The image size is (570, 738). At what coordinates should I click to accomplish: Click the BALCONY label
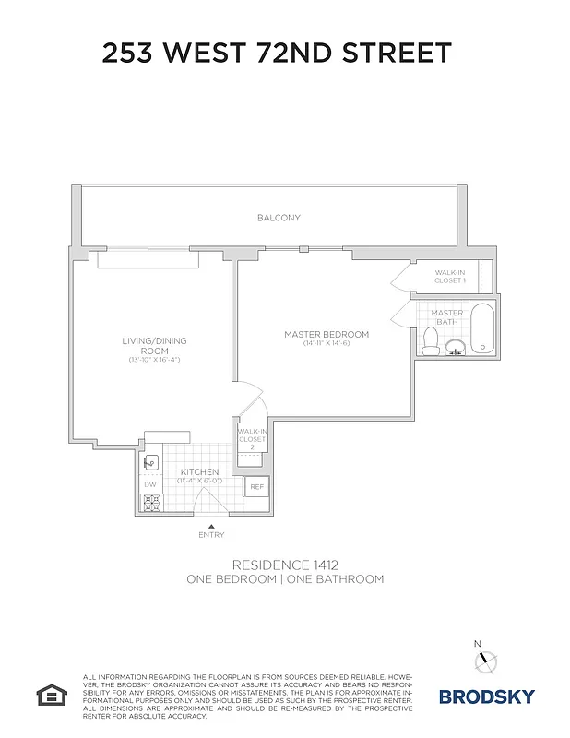[279, 218]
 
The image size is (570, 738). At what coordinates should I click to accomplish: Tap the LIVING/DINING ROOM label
[154, 346]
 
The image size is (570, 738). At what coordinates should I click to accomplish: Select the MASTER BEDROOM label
[326, 334]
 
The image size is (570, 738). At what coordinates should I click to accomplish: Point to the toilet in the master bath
[429, 342]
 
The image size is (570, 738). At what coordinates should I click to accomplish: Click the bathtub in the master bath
[483, 329]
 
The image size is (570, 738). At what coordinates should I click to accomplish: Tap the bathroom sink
[454, 348]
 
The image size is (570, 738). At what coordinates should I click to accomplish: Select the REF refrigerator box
[256, 486]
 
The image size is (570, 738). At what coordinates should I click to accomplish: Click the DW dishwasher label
[149, 484]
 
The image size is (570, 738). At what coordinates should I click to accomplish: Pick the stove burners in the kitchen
[151, 503]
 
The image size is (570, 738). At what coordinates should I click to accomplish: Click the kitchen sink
[151, 463]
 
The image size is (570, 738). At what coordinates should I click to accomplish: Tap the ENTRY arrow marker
[210, 526]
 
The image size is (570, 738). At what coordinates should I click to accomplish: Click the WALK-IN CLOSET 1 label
[450, 275]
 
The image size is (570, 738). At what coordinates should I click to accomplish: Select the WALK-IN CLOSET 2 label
[252, 439]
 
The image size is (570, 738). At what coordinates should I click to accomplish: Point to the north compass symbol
[485, 661]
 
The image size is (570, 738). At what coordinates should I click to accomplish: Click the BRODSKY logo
[485, 696]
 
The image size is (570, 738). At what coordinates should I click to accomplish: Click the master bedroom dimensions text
[326, 344]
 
